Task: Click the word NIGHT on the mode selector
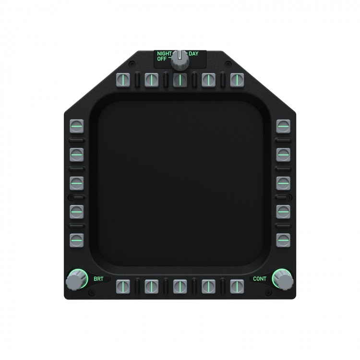[164, 53]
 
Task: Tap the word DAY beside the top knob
[193, 54]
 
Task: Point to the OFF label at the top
[162, 59]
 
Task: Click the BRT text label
[98, 279]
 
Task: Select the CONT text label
[260, 279]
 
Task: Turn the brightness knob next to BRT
[75, 280]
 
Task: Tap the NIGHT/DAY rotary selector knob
[180, 60]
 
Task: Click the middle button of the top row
[180, 80]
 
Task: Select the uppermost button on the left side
[77, 126]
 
